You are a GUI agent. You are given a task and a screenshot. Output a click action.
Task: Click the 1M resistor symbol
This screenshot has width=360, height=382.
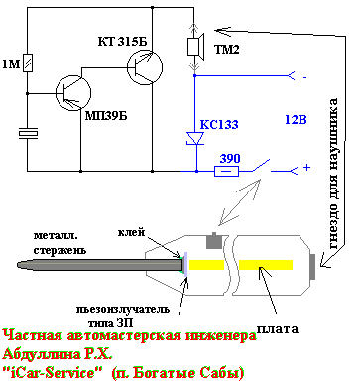(28, 63)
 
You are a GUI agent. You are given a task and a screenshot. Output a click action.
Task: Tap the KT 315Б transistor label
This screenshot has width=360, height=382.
(122, 42)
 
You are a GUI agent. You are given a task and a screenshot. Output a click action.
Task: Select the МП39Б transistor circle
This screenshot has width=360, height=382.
(73, 93)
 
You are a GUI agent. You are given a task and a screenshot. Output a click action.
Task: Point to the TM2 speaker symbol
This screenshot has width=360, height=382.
(196, 47)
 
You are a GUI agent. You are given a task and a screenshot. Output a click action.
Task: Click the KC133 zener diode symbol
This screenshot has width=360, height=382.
(195, 138)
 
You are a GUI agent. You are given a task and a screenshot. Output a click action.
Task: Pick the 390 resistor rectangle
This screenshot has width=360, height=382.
(226, 171)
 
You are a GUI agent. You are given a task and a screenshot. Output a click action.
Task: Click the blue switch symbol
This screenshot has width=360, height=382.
(261, 166)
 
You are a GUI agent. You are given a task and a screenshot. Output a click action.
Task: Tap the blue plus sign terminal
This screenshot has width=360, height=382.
(306, 168)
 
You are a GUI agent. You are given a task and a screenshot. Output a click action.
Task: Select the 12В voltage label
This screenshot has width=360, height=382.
(296, 119)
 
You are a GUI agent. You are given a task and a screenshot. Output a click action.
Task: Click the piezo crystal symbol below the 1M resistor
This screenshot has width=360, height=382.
(28, 133)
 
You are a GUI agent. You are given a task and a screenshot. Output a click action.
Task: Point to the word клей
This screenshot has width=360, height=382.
(131, 232)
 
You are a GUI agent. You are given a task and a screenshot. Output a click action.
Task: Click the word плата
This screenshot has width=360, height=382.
(278, 328)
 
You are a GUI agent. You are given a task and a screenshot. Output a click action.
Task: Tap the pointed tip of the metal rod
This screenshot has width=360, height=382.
(18, 265)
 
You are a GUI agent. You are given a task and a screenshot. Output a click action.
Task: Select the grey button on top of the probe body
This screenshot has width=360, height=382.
(214, 240)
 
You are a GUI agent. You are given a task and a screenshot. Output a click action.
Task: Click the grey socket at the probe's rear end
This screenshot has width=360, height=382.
(313, 266)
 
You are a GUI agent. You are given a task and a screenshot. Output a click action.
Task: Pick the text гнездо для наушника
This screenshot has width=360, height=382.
(333, 174)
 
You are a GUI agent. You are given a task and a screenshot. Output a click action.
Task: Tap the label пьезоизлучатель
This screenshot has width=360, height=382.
(122, 310)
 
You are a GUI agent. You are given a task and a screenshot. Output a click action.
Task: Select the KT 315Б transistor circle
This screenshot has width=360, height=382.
(145, 67)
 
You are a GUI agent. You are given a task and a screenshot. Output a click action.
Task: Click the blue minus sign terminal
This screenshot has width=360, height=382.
(304, 78)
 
